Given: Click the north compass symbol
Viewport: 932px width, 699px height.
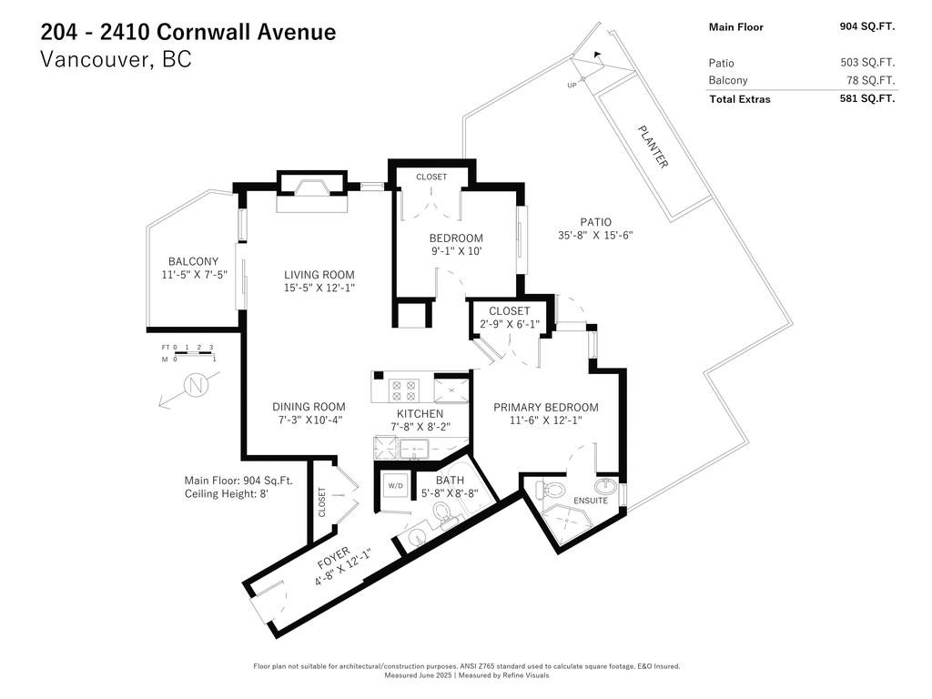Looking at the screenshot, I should (x=195, y=386).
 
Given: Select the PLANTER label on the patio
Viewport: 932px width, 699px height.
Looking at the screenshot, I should (x=652, y=146).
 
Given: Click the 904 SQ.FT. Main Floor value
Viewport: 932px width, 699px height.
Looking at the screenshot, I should (x=866, y=26).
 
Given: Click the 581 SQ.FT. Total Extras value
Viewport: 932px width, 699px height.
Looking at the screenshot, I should (x=866, y=98).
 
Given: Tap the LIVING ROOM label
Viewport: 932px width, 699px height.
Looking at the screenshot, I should (x=319, y=275).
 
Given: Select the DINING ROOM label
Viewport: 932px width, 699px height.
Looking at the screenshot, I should (x=309, y=407).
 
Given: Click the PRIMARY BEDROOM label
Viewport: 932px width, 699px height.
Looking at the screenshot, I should (x=545, y=407).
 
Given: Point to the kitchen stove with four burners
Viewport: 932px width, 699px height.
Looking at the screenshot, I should (x=402, y=390).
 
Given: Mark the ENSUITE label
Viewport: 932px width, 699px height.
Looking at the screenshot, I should (x=591, y=501).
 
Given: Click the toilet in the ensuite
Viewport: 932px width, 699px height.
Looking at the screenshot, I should (x=551, y=490).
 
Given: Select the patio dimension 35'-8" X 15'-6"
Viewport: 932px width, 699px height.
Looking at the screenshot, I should (x=595, y=235).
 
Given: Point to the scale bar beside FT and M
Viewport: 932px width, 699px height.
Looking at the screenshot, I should (x=193, y=353).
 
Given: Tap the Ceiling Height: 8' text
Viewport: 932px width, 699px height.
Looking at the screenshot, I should (x=228, y=494).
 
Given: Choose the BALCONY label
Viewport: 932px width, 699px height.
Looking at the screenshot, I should (x=193, y=261).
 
